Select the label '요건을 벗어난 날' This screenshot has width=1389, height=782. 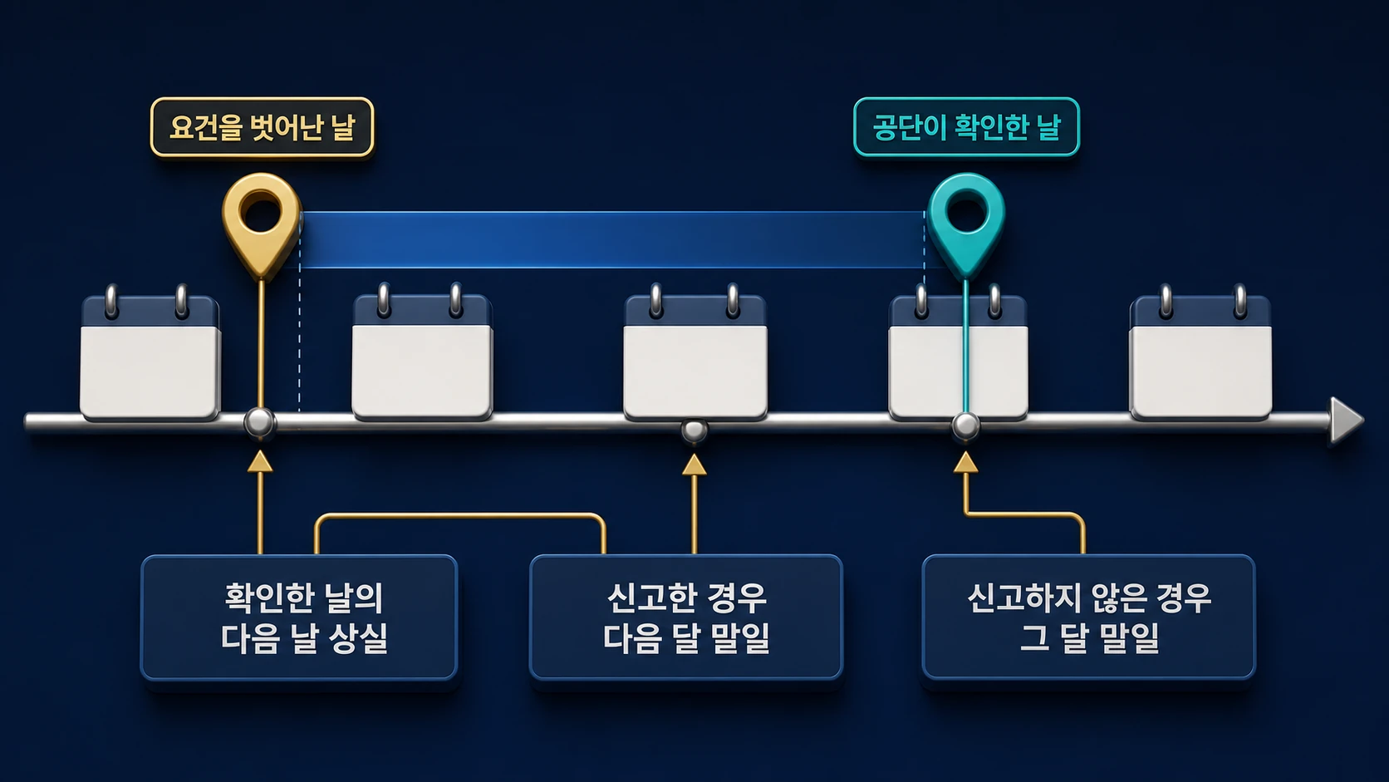(263, 127)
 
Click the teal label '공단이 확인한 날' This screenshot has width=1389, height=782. (967, 127)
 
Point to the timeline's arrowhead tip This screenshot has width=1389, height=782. (1363, 421)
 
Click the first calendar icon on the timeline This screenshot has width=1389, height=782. (150, 353)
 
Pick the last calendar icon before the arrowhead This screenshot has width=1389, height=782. (1200, 353)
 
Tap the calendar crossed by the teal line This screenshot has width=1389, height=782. (958, 353)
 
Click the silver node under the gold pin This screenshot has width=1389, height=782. (260, 423)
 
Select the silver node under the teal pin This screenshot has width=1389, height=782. (965, 425)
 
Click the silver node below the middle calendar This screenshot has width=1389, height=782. (694, 430)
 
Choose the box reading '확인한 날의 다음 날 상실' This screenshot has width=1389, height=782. (300, 617)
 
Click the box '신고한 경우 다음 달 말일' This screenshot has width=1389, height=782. (686, 617)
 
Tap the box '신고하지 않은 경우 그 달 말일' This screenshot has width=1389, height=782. (1089, 617)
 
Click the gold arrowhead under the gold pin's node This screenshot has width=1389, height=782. (260, 461)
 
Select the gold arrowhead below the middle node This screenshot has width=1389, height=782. (694, 465)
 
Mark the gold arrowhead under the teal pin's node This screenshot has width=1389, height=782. (965, 463)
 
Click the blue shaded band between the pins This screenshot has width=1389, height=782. (612, 240)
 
